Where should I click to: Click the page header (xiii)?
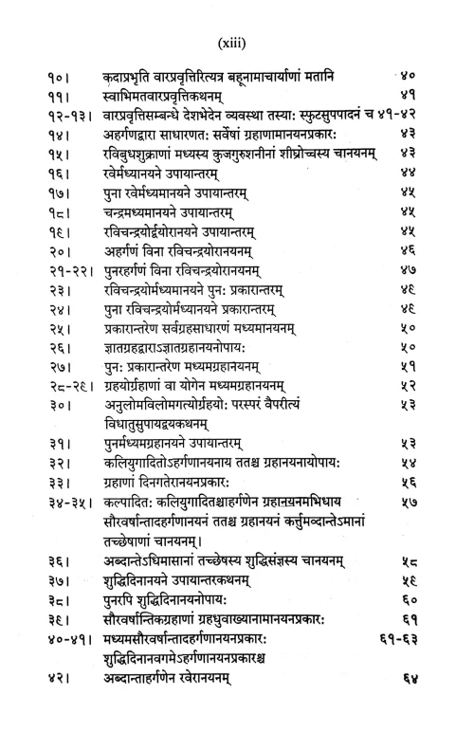pos(236,43)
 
